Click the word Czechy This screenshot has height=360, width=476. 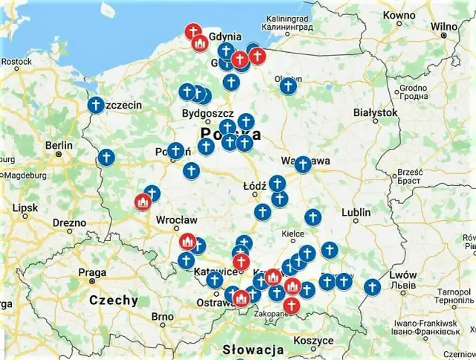[x=113, y=300]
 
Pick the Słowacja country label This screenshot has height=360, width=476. [x=254, y=349]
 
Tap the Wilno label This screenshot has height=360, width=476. [x=443, y=27]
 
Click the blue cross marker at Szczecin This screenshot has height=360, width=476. [x=95, y=105]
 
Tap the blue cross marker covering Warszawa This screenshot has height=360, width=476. [x=302, y=164]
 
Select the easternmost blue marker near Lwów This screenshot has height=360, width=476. [x=372, y=286]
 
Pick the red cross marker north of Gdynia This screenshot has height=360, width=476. [x=193, y=31]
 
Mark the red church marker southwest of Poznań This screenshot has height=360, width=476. [x=143, y=202]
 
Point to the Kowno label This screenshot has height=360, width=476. [x=400, y=15]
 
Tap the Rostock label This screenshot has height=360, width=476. [x=16, y=61]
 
